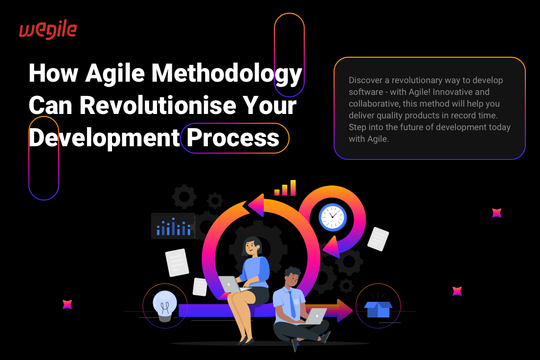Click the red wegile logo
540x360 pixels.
click(48, 30)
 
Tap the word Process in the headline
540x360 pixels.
click(233, 138)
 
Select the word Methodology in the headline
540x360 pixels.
click(226, 74)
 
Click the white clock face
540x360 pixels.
click(332, 217)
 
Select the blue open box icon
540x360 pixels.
click(378, 307)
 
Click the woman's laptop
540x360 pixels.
click(230, 284)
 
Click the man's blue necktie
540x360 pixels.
click(292, 305)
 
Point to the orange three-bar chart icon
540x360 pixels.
click(285, 188)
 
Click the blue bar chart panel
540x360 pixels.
click(173, 226)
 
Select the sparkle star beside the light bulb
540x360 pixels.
click(67, 304)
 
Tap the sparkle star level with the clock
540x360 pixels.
click(496, 213)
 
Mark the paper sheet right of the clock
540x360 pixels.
click(378, 239)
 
